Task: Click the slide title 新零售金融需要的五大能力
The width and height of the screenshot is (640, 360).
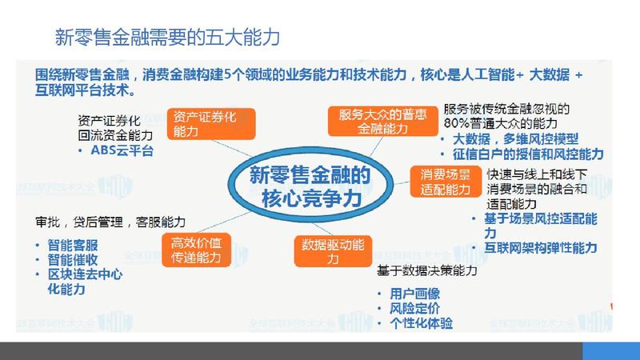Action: coord(167,37)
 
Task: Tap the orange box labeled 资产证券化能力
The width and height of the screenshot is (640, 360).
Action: coord(211,124)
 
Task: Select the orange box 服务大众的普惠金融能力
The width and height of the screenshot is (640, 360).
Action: coord(382,122)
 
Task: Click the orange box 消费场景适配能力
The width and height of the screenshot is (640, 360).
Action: coord(446,182)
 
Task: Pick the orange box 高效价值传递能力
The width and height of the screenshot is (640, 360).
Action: coord(196,250)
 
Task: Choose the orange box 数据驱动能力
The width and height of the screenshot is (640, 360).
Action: coord(333,251)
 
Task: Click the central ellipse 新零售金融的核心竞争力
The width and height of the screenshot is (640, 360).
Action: coord(310,185)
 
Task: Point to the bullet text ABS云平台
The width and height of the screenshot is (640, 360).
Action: coord(122,150)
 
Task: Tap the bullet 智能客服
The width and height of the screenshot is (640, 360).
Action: coord(73,245)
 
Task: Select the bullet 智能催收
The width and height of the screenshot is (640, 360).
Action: coord(73,259)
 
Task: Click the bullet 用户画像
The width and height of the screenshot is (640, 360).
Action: coord(414,294)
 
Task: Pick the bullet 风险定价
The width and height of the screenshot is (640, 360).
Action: coord(414,308)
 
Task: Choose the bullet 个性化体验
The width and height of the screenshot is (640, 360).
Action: coord(422,323)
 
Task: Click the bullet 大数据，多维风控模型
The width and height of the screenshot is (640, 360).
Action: coord(515,138)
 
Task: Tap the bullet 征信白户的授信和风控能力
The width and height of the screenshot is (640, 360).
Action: coord(528,154)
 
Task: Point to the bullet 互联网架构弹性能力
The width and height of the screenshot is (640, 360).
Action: coord(541,247)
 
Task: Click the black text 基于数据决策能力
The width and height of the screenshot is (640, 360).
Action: coord(427,270)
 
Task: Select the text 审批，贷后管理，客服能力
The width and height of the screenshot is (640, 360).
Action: coord(110,222)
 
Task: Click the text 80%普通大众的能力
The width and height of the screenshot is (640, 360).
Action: coord(501,123)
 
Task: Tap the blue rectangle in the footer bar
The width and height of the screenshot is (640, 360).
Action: coord(611,351)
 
